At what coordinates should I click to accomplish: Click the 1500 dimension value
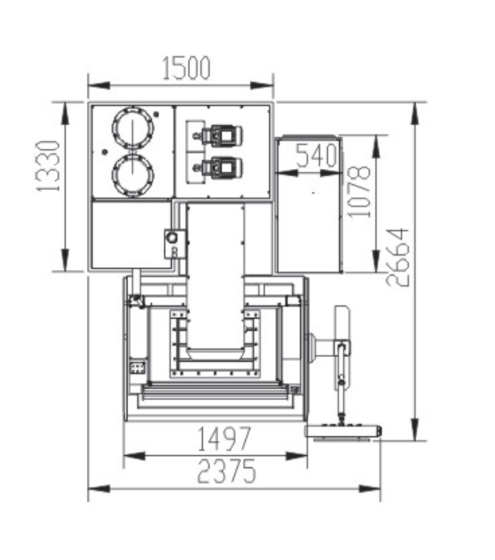coord(186,67)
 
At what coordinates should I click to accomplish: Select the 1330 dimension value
coord(48,167)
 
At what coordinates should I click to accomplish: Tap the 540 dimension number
coord(316,155)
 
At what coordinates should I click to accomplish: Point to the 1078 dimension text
coord(359,192)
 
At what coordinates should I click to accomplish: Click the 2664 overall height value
coord(398,257)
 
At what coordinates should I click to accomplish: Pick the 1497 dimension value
coord(224,439)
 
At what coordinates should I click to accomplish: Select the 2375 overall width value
coord(226,471)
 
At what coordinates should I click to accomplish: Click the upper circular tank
coord(133,127)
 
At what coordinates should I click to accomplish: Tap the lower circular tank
coord(133,175)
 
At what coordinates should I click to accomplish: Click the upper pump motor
coord(222,136)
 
